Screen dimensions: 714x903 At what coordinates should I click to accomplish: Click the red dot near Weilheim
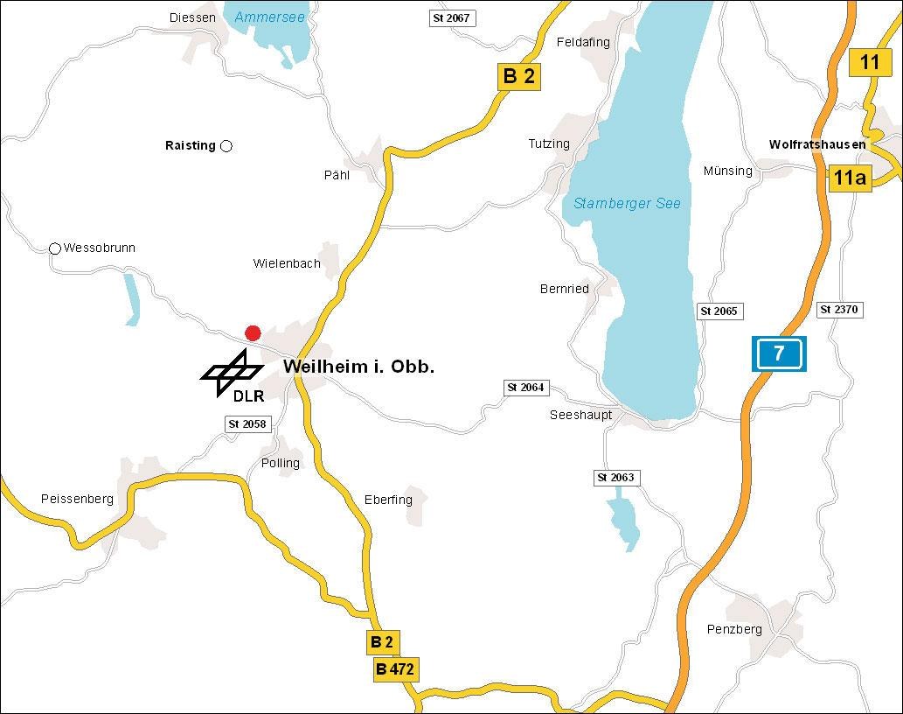253,332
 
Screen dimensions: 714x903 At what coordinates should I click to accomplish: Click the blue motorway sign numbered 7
776,353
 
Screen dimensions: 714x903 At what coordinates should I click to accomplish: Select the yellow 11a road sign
850,178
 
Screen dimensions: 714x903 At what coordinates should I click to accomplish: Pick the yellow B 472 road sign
394,670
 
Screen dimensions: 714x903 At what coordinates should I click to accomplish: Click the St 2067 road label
451,17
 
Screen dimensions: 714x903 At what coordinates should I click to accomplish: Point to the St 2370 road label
839,310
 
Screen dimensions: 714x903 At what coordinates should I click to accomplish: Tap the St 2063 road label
615,478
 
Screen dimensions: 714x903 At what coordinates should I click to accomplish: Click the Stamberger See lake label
627,203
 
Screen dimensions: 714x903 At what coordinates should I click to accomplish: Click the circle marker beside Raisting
226,145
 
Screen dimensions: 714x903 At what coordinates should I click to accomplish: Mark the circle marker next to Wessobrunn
55,248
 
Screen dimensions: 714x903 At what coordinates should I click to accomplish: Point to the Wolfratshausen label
817,144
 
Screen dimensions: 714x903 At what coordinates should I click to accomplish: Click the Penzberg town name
734,629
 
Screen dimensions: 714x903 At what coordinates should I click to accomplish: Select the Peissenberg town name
77,499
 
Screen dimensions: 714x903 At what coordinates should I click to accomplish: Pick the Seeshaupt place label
580,415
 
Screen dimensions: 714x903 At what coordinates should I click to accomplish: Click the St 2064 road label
526,387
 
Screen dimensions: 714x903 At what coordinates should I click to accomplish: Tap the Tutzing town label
549,143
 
